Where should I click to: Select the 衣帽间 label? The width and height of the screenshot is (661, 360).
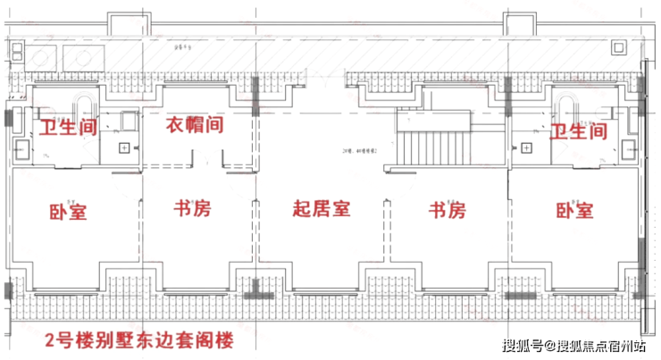194,125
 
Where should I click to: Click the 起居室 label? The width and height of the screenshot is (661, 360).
322,210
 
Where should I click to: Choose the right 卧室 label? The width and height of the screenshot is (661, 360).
574,212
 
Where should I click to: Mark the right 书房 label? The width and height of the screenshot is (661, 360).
448,212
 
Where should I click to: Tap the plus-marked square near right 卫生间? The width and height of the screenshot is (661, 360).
527,147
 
